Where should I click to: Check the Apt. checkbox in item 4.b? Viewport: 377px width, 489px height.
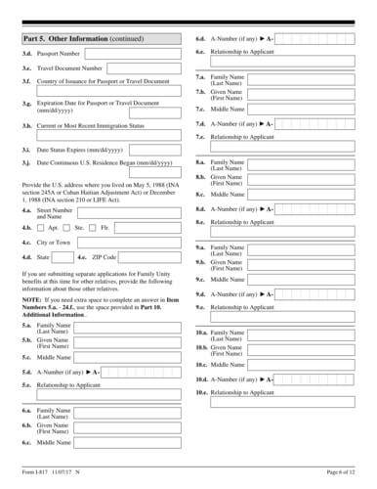(x=42, y=226)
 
